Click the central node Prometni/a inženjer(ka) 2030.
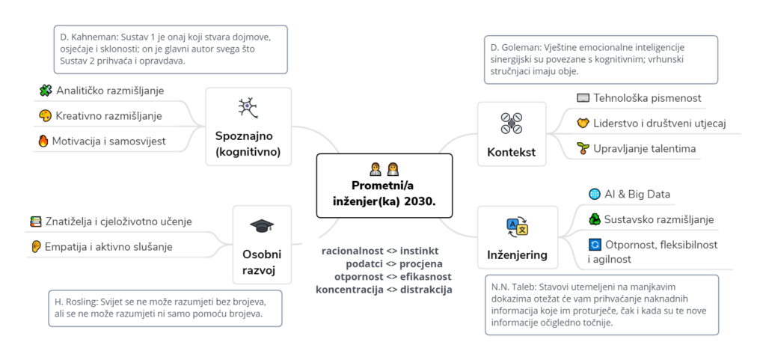[x=384, y=186]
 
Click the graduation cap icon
[x=262, y=226]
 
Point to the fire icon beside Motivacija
[x=43, y=141]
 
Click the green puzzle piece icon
[x=45, y=91]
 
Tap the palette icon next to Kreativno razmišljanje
[x=44, y=116]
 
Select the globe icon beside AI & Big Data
[x=595, y=195]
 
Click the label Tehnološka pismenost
[x=647, y=98]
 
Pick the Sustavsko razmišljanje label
[x=659, y=219]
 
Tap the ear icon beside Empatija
[x=35, y=246]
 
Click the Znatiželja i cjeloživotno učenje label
[x=118, y=222]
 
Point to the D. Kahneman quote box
[x=171, y=49]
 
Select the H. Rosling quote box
[x=165, y=308]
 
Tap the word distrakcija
[x=426, y=289]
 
